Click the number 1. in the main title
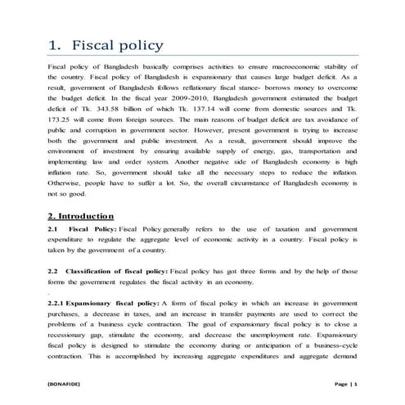pos(55,44)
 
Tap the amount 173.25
pos(62,128)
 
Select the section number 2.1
pos(54,230)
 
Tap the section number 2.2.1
pos(60,304)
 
